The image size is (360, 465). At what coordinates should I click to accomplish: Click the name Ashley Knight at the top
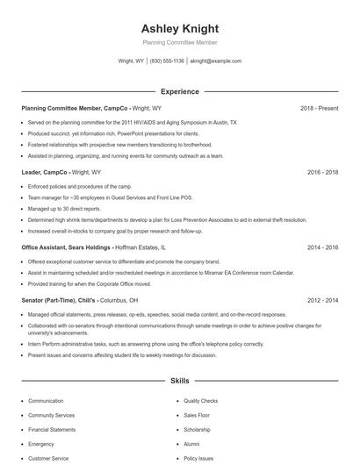click(179, 28)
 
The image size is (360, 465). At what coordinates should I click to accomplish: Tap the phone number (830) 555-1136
click(167, 61)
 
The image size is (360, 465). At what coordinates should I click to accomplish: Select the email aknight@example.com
click(215, 61)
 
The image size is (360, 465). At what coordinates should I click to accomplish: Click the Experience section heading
click(179, 91)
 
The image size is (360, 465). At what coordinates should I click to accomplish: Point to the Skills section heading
click(179, 383)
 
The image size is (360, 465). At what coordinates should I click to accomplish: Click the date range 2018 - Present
click(319, 108)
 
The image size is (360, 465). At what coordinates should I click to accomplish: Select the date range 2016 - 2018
click(323, 173)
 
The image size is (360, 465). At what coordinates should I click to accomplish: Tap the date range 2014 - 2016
click(323, 248)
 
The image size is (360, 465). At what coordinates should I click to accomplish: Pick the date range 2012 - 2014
click(323, 299)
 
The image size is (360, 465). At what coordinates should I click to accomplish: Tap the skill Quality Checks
click(200, 401)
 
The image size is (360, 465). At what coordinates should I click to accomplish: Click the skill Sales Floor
click(197, 415)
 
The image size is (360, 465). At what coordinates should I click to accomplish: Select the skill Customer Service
click(48, 458)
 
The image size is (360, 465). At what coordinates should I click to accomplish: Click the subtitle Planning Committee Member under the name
click(179, 42)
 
